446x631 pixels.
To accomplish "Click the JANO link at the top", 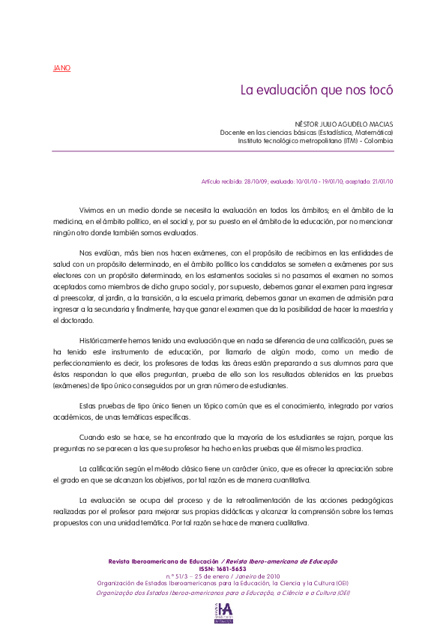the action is point(61,68).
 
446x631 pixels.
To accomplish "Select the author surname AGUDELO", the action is point(340,124).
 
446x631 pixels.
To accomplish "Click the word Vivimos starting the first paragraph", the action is point(92,211).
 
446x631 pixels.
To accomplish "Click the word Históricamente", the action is point(104,341).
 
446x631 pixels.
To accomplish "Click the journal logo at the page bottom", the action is point(223,612).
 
